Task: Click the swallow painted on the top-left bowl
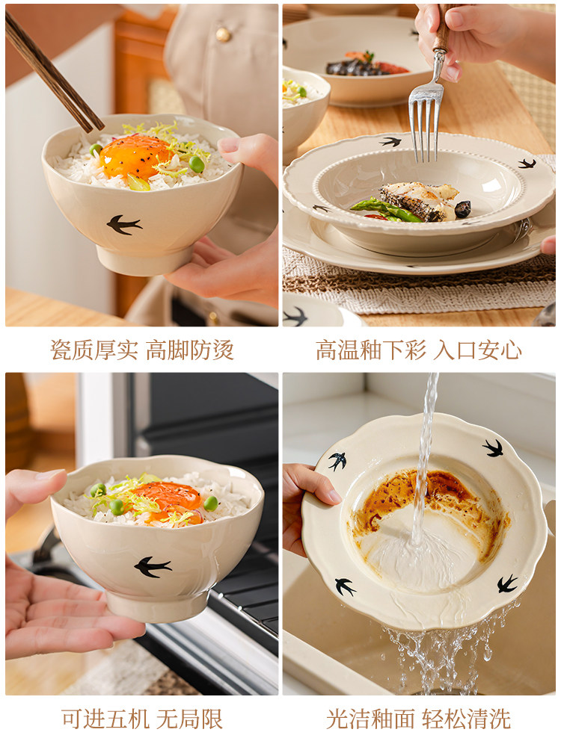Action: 124,224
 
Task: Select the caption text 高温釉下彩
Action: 371,350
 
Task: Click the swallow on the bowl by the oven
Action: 153,566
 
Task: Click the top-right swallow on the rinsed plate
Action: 493,448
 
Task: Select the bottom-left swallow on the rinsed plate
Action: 345,587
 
